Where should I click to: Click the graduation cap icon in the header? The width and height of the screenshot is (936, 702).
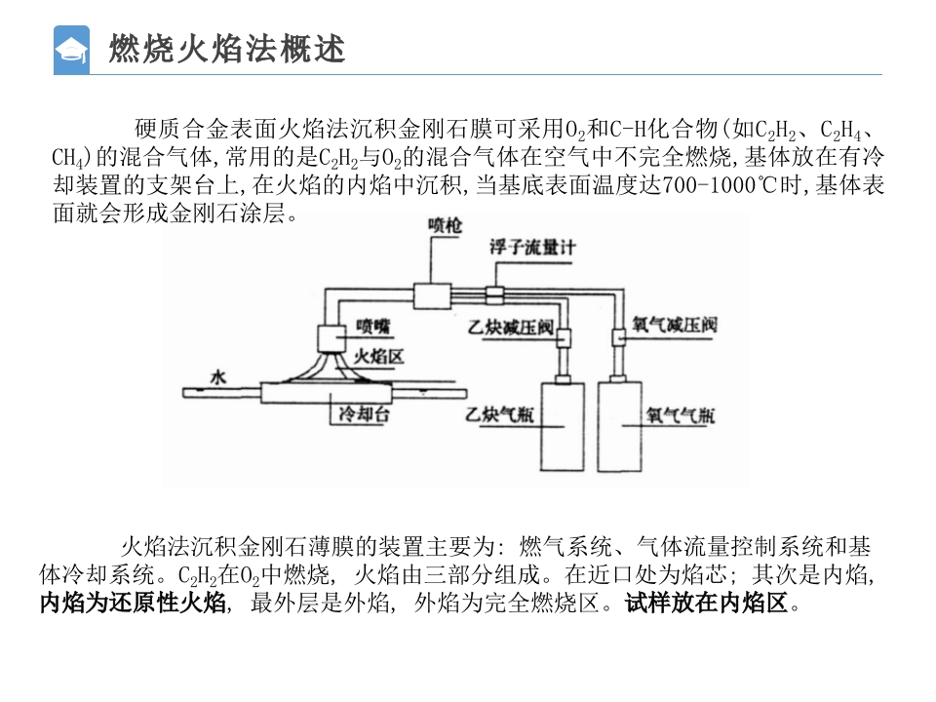point(71,50)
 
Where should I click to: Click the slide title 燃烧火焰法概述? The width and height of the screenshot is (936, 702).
point(227,49)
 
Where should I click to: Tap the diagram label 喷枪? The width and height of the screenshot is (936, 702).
point(447,226)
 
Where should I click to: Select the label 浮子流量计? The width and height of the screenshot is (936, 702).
point(533,248)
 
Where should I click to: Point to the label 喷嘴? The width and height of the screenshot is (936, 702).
point(372,326)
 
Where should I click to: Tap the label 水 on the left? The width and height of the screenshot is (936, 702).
point(216,376)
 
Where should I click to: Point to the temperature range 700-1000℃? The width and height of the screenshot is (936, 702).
point(718,187)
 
